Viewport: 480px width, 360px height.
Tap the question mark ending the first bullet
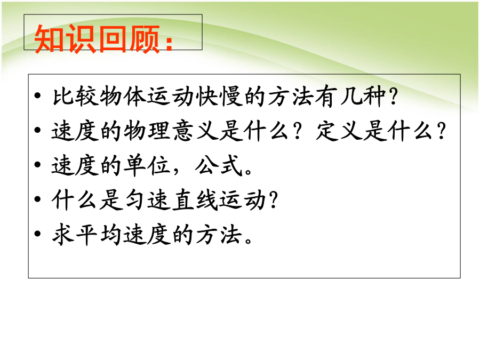393,97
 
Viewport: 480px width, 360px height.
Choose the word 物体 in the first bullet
123,97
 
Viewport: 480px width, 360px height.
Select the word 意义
195,131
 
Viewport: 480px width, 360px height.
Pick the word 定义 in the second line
339,131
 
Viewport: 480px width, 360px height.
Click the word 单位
148,166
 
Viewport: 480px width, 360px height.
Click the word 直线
195,200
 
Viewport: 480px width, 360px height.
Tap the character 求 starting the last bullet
63,235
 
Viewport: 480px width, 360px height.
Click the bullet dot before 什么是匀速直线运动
38,199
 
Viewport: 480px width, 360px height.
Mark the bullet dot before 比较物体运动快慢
38,96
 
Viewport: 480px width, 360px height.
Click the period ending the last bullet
248,241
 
